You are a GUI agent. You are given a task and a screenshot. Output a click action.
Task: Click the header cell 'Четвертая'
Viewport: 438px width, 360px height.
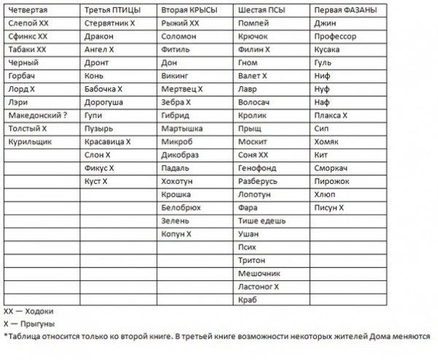point(28,10)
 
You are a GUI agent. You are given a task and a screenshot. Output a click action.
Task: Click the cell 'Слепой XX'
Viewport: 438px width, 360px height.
point(28,23)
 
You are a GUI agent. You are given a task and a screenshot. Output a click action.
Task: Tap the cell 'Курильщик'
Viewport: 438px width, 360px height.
point(30,142)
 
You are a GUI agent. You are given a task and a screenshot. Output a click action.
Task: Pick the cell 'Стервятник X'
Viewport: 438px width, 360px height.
point(110,23)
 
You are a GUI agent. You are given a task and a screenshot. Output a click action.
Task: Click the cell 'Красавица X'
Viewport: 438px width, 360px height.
point(107,142)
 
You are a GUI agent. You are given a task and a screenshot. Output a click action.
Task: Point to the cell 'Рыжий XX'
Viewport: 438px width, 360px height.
point(180,23)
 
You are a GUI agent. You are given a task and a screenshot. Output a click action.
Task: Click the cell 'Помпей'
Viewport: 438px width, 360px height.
point(253,23)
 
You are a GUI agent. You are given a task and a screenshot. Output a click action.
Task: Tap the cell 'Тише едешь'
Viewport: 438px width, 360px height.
point(262,221)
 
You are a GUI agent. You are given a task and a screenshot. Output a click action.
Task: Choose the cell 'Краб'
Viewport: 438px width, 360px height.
point(248,299)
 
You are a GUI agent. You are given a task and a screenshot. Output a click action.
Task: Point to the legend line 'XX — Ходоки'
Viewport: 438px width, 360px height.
point(28,310)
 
